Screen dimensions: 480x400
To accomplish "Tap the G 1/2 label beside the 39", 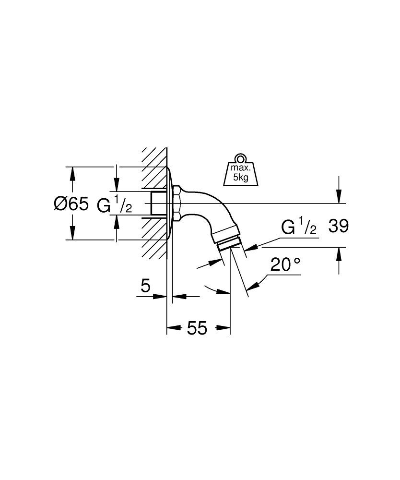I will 299,228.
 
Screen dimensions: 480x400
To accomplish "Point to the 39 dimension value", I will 338,227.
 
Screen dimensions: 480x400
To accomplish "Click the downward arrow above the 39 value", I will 339,196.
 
